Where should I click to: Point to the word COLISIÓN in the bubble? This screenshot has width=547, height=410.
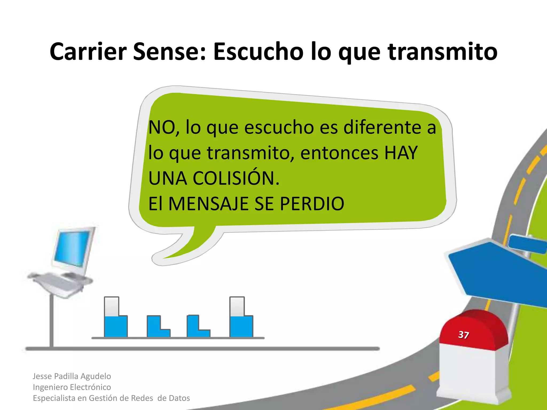[x=236, y=178]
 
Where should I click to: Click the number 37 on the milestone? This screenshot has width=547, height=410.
[x=463, y=335]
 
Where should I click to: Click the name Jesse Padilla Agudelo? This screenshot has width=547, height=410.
[x=72, y=376]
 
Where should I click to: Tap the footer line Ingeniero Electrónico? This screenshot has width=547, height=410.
[x=72, y=387]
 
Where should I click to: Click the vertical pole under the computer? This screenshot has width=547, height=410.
[x=52, y=320]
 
